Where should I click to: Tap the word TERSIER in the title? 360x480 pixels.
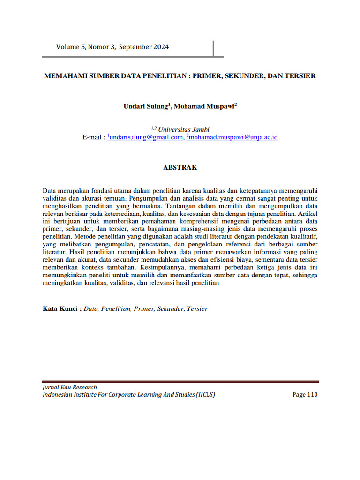pyautogui.click(x=300, y=75)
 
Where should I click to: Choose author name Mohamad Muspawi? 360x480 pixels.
pyautogui.click(x=204, y=106)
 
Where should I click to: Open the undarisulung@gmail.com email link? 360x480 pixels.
pyautogui.click(x=145, y=137)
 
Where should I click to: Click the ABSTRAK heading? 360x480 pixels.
pyautogui.click(x=180, y=167)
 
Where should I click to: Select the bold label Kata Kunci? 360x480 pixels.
pyautogui.click(x=62, y=309)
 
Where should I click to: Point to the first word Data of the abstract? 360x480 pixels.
pyautogui.click(x=49, y=191)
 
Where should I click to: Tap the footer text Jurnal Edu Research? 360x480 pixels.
pyautogui.click(x=70, y=387)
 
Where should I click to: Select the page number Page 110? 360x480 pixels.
pyautogui.click(x=305, y=395)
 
